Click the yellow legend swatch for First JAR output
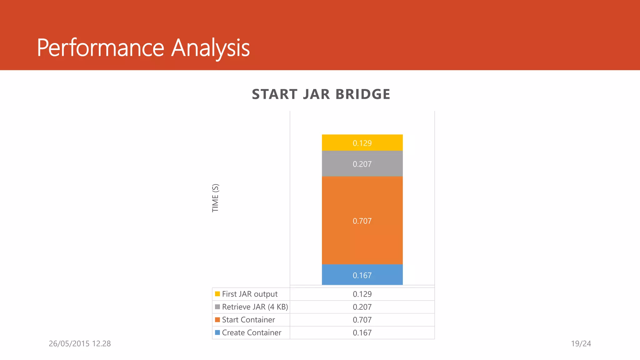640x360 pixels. [x=217, y=294]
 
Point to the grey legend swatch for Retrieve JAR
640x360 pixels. [x=217, y=307]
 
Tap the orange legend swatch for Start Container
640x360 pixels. [x=217, y=320]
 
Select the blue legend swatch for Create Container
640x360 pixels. [x=217, y=332]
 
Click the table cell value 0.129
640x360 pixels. [x=362, y=294]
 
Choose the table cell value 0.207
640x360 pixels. [x=362, y=307]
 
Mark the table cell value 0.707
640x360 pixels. [x=362, y=320]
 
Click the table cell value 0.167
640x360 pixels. [x=362, y=332]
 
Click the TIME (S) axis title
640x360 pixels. [x=215, y=198]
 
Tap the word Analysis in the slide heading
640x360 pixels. [x=210, y=48]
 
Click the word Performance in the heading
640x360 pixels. [x=101, y=48]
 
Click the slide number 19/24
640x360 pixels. [x=581, y=344]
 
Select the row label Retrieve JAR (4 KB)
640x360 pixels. [x=255, y=307]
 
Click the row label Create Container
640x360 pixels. [x=252, y=332]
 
